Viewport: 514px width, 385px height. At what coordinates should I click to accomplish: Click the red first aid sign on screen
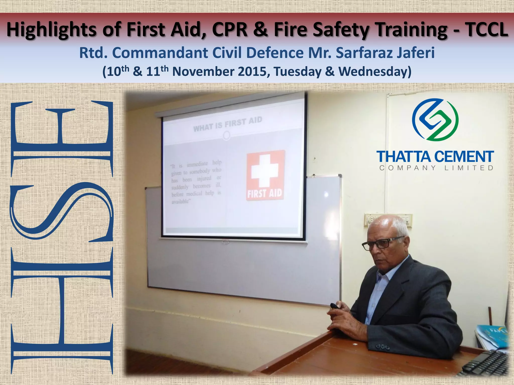pos(265,175)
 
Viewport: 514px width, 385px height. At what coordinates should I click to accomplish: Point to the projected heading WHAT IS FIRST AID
pos(228,124)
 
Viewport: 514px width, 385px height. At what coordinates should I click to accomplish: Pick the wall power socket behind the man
pos(376,219)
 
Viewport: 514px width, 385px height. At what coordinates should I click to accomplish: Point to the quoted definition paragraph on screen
pos(196,181)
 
